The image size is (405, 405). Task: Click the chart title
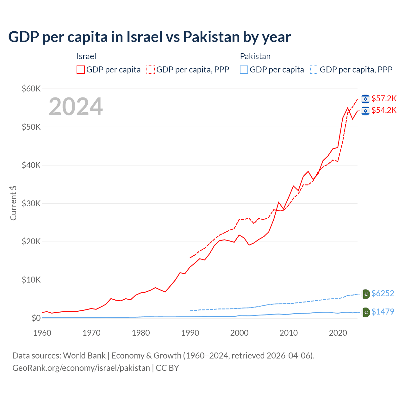point(149,37)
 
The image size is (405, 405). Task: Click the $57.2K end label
point(384,99)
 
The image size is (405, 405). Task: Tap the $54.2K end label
point(384,110)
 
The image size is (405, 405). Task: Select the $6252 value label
point(383,294)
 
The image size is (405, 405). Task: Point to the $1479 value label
point(383,312)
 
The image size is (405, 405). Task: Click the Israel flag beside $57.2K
point(365,99)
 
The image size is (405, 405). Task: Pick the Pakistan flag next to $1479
point(366,312)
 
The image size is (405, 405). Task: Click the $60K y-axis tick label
point(31,89)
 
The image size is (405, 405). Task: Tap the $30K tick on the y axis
point(31,204)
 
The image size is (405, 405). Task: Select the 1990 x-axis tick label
point(190,333)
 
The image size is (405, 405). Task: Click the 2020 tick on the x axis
point(338,333)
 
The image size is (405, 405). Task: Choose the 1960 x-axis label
point(42,333)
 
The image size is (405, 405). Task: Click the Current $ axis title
point(13,203)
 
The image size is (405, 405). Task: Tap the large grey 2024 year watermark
point(76,107)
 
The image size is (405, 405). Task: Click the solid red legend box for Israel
point(81,70)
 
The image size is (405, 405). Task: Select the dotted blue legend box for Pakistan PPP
point(314,70)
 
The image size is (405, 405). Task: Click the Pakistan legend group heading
point(255,57)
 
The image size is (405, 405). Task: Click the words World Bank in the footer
point(84,356)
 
